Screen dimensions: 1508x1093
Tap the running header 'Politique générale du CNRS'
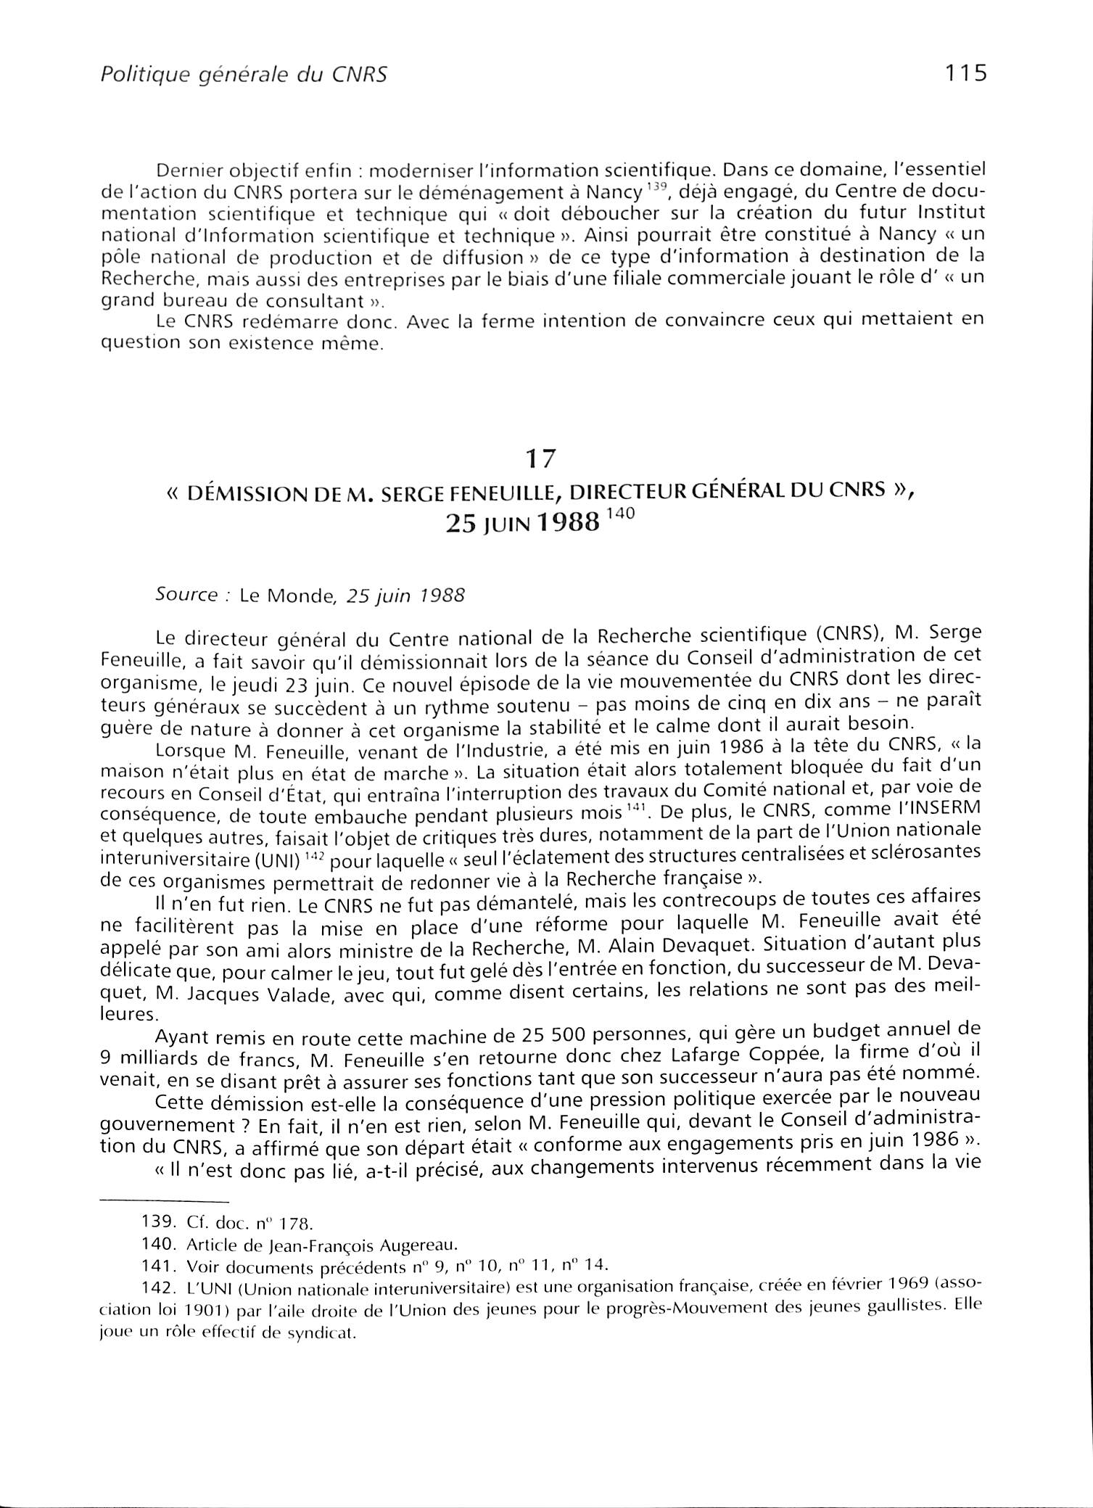[242, 75]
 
